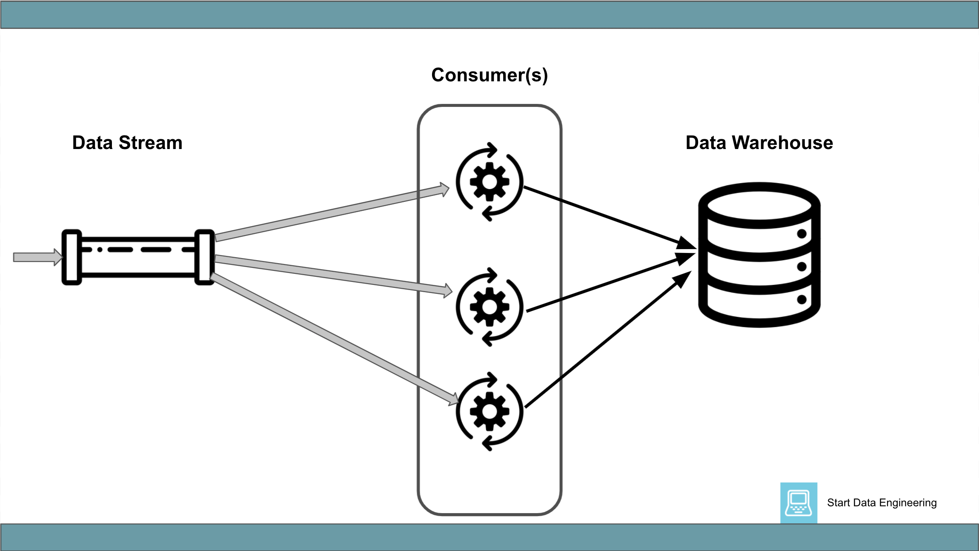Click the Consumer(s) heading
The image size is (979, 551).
tap(489, 75)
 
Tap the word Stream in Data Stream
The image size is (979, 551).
tap(150, 143)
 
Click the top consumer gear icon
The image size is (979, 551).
tap(489, 182)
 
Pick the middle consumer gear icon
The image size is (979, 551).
tap(489, 307)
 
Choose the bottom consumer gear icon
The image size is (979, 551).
tap(489, 411)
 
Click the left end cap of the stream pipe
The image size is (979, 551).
tap(72, 257)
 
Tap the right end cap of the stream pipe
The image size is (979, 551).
tap(204, 257)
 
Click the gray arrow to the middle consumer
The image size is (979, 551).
tap(332, 275)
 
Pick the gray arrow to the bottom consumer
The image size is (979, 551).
tap(332, 339)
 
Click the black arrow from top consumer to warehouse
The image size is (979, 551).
tap(604, 216)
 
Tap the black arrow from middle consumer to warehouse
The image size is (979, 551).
tap(604, 284)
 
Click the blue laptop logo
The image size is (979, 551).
tap(799, 503)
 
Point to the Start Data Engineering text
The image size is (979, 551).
tap(882, 503)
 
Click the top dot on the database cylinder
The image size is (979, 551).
tap(802, 233)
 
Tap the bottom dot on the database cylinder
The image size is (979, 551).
tap(802, 299)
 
